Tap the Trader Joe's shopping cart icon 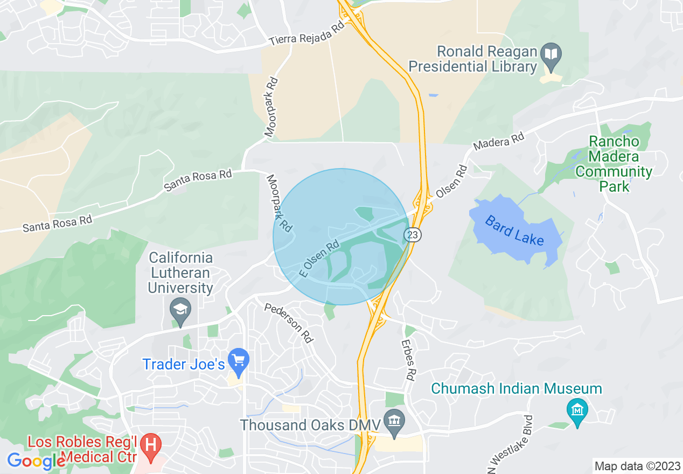[239, 359]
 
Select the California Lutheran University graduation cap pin [180, 310]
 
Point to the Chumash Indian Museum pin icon [577, 410]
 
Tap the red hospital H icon [151, 444]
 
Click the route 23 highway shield [413, 235]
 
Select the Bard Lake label [514, 230]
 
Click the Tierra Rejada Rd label [306, 37]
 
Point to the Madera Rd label [499, 142]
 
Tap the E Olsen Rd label [319, 258]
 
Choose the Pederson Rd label [289, 323]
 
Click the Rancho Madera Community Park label [614, 164]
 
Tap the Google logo [37, 461]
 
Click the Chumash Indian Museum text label [516, 388]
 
